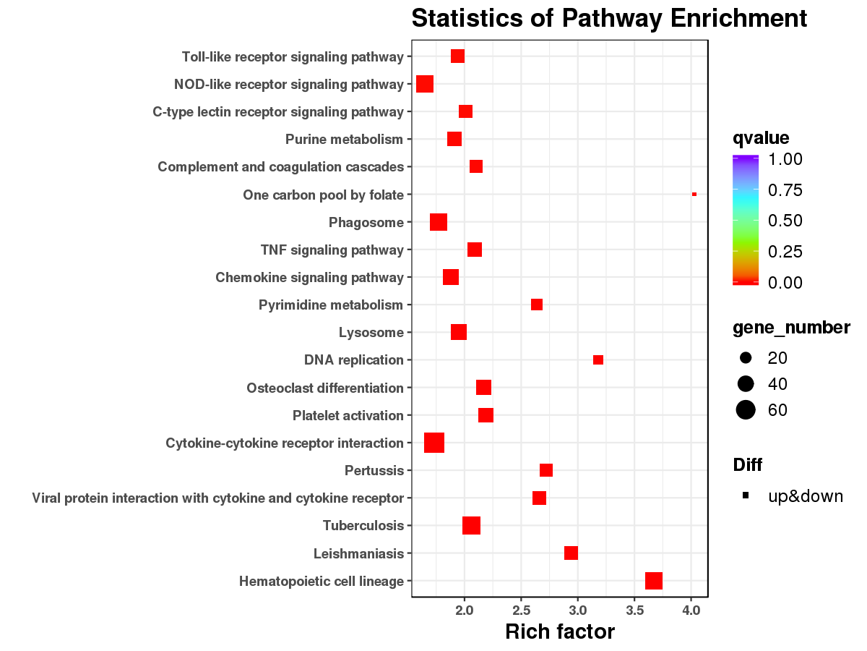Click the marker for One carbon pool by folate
pos(694,195)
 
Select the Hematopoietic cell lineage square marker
pos(654,581)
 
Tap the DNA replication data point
pos(598,360)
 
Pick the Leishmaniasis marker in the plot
pos(571,553)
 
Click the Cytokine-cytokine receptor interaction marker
pos(434,443)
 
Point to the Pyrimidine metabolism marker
pos(537,305)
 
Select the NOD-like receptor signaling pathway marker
pos(425,84)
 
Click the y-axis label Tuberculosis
pos(363,526)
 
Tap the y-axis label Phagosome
pos(366,223)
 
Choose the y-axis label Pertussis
pos(374,471)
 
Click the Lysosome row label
pos(371,333)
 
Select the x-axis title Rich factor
pos(560,632)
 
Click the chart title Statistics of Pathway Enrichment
pos(609,18)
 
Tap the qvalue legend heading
pos(761,137)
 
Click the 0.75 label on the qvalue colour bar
pos(785,190)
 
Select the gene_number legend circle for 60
pos(746,410)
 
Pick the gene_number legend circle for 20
pos(746,358)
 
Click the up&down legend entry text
pos(806,496)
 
